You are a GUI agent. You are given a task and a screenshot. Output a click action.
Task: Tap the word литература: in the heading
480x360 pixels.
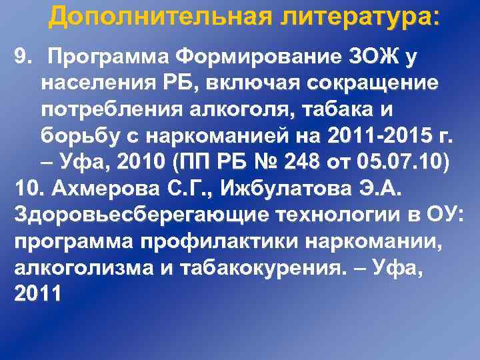pos(361,17)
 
